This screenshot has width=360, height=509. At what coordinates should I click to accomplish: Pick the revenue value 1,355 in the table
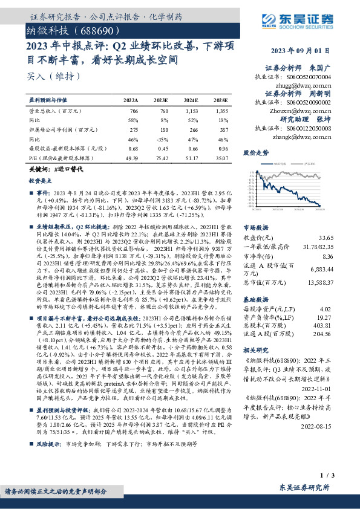pyautogui.click(x=221, y=112)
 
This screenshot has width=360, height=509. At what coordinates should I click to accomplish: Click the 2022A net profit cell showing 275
pyautogui.click(x=134, y=129)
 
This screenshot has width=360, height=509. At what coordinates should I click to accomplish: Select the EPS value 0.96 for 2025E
pyautogui.click(x=222, y=148)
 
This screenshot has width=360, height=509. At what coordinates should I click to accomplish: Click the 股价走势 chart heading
pyautogui.click(x=255, y=153)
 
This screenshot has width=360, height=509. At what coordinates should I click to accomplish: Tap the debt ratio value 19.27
pyautogui.click(x=326, y=317)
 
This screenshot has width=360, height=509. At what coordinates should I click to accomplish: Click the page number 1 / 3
pyautogui.click(x=326, y=476)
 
